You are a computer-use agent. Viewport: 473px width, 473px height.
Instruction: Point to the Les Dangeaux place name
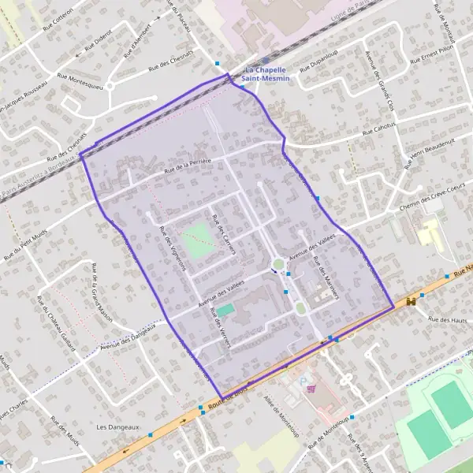(x=117, y=426)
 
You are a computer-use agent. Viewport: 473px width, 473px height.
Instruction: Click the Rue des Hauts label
(x=448, y=319)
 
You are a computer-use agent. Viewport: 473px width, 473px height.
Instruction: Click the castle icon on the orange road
(x=412, y=302)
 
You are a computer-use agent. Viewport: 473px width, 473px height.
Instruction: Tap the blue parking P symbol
(x=305, y=382)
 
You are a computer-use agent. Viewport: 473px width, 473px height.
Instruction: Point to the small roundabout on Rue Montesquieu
(x=110, y=85)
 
